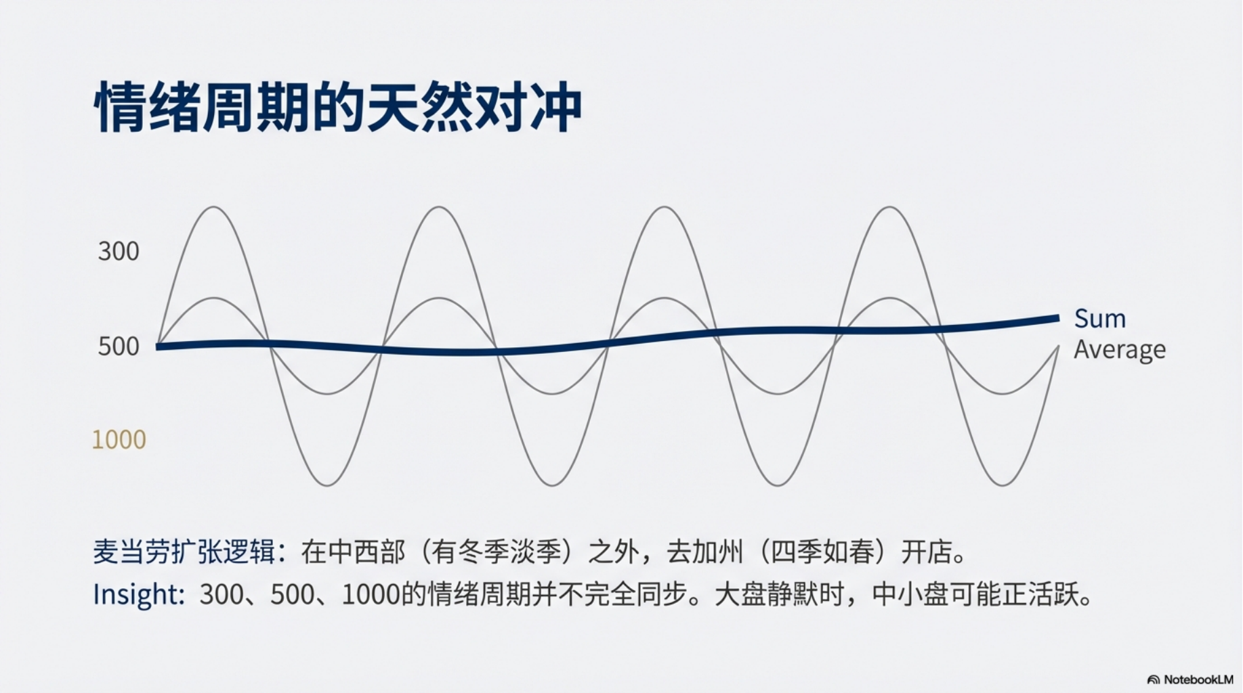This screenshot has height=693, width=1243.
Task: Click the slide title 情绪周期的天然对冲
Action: point(337,107)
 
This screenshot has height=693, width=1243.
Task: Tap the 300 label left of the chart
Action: point(119,252)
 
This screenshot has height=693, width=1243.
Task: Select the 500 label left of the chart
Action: point(119,346)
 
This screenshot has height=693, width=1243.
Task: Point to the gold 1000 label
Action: point(119,440)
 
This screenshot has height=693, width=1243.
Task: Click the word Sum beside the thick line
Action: point(1099,319)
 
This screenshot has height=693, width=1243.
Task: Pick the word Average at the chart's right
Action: point(1119,350)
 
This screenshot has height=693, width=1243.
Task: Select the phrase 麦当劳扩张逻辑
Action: point(184,552)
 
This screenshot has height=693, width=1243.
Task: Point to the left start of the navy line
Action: point(157,346)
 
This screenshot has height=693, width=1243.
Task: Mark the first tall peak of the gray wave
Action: point(214,207)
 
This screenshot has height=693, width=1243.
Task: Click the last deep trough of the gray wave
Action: point(1002,485)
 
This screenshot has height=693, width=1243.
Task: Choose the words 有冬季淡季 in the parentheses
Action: point(498,552)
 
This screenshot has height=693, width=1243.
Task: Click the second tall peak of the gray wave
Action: point(439,207)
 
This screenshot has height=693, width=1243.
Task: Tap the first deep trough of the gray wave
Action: point(327,485)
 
